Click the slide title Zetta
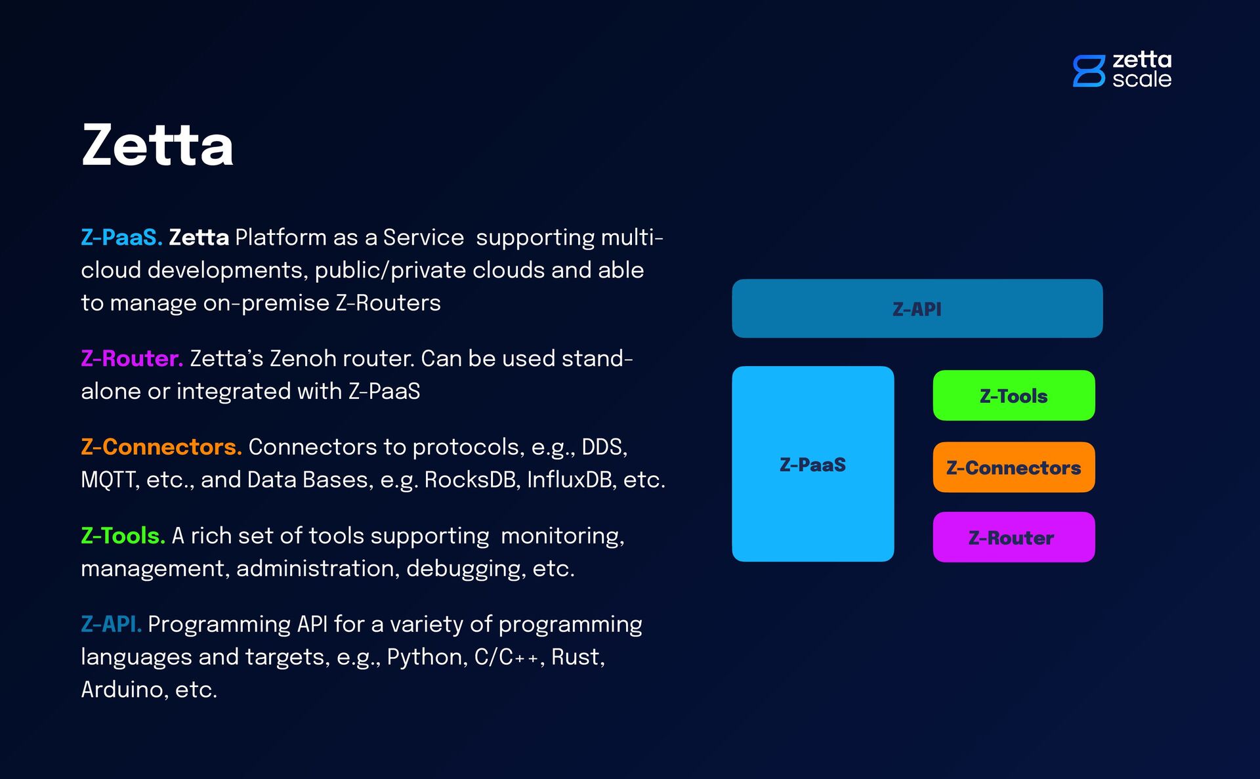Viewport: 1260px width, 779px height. pos(157,145)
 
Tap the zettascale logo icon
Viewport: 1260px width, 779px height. pos(1089,71)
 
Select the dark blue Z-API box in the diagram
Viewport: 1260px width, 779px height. pos(917,308)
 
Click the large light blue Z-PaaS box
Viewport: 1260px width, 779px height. pos(812,464)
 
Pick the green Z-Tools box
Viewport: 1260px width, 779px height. pos(1013,396)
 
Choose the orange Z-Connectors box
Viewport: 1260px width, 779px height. pos(1013,467)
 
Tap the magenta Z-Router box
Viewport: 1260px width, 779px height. pos(1013,537)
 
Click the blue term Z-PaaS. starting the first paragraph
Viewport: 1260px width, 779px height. pos(121,238)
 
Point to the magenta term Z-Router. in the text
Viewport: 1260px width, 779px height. pos(131,359)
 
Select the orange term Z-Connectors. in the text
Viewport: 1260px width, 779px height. pos(161,447)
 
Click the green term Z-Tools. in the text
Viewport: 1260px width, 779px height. pos(123,536)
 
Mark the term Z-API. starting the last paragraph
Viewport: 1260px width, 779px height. pos(111,624)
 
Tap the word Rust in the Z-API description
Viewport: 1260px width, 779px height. pos(576,657)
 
